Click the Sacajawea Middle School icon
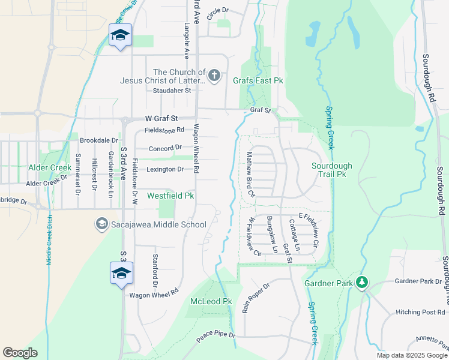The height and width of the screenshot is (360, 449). tap(101, 225)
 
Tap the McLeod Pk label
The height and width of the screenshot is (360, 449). tap(211, 301)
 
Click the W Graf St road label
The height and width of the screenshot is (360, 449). tap(158, 119)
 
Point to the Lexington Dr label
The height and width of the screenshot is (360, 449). tap(165, 170)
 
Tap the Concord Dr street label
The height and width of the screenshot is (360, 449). tap(165, 148)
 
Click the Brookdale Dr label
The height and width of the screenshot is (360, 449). tap(98, 140)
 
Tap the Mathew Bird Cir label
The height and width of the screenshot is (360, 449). tap(251, 175)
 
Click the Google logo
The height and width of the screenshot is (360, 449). tap(20, 353)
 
